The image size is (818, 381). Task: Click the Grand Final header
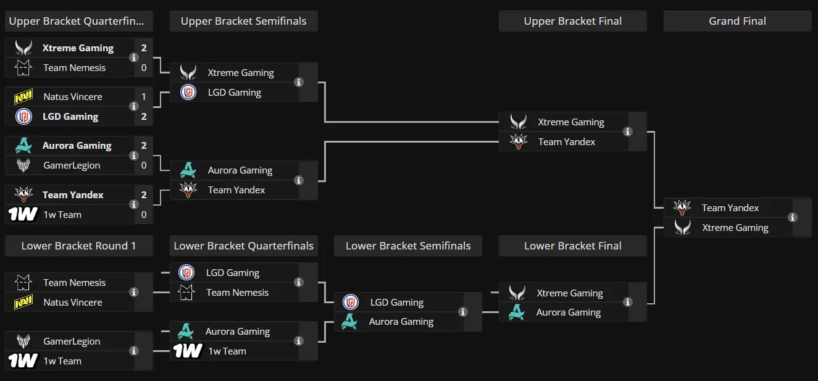coord(737,21)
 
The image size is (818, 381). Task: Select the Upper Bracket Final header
coord(573,21)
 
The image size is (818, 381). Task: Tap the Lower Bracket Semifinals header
coord(408,246)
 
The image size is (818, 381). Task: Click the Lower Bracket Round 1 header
coord(78,246)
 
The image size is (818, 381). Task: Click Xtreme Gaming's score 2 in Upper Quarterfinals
coord(144,48)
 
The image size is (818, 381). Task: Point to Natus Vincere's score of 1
coord(144,97)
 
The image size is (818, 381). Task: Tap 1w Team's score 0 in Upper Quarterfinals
coord(144,215)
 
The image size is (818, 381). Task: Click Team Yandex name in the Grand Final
coord(730,208)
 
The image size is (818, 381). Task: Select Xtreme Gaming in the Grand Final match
coord(735,228)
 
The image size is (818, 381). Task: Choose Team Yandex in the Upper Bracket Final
coord(566,142)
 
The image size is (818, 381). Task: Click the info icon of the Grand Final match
coord(793,218)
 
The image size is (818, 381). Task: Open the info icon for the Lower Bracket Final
coord(628,302)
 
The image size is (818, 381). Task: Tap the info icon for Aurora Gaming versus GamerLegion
coord(134,156)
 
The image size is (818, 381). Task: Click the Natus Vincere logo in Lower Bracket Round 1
coord(23,302)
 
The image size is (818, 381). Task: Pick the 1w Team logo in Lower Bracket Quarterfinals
coord(188,351)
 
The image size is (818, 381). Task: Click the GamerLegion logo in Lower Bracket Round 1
coord(23,341)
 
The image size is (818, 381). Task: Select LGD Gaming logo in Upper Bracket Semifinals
coord(188,93)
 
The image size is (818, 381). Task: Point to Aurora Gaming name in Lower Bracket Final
coord(568,312)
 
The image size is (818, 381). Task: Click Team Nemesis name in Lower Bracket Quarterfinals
coord(237,293)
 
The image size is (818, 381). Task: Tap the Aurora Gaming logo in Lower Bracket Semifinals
coord(349,322)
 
